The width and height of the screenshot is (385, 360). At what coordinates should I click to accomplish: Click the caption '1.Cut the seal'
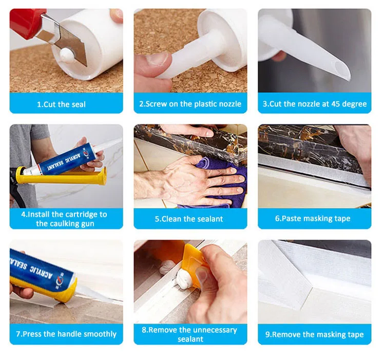[62, 104]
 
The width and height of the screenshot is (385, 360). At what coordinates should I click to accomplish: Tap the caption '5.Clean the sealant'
[189, 219]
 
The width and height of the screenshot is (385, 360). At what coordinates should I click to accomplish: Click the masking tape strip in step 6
[312, 167]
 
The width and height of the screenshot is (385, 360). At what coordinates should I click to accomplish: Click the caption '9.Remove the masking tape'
[314, 334]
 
